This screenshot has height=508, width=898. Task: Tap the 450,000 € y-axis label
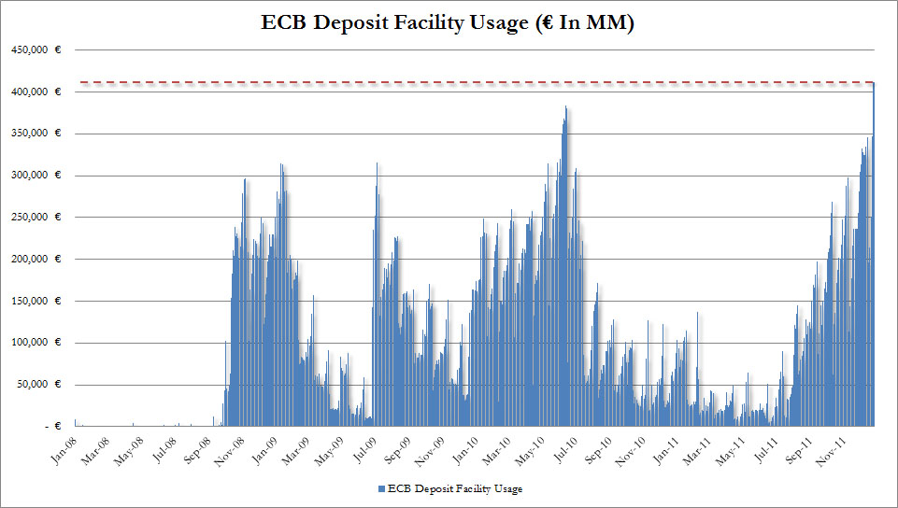36,50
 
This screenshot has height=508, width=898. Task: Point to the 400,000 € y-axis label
36,92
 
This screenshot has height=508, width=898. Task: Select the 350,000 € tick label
36,134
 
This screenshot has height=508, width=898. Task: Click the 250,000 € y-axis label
36,217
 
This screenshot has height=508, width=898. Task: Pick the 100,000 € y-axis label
36,343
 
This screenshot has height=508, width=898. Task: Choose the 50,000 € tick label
39,384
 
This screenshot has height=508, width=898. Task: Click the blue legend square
381,488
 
